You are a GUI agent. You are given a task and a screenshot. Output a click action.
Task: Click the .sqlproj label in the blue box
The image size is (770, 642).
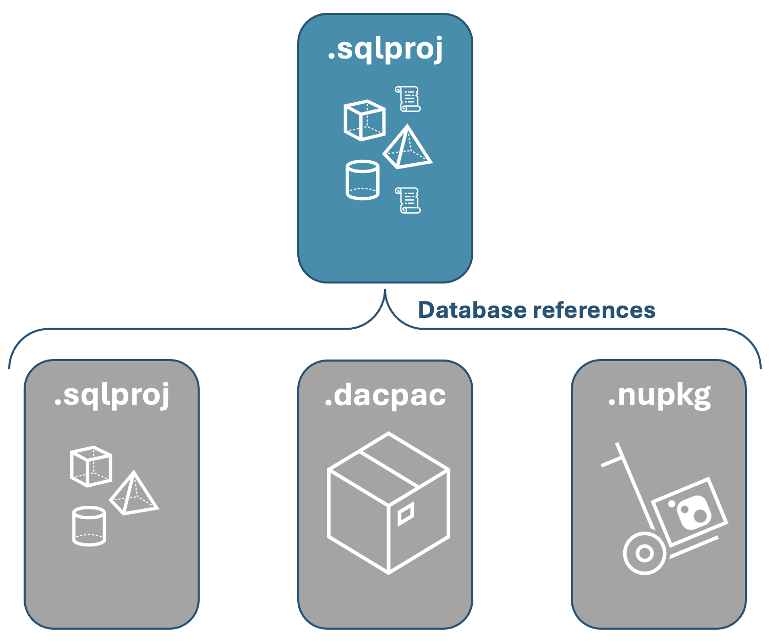(385, 50)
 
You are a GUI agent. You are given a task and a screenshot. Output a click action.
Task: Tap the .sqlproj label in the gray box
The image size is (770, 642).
(111, 395)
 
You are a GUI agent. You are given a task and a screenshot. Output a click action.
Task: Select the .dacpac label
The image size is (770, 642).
(385, 395)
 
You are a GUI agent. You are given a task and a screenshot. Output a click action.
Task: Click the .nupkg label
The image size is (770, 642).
(659, 395)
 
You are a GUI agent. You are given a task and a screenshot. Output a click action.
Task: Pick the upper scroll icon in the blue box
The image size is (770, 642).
(408, 99)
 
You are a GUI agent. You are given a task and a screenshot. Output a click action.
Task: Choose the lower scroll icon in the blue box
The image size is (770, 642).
(408, 200)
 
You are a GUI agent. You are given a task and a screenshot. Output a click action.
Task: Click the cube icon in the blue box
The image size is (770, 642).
(364, 120)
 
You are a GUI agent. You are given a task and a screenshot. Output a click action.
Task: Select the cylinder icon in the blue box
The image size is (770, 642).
(362, 180)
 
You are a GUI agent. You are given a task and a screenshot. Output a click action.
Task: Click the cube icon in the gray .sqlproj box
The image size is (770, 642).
(91, 466)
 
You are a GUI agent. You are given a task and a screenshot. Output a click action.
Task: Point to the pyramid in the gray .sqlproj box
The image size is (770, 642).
(133, 494)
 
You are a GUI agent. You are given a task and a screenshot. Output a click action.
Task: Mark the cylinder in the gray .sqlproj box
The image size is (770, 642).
(89, 526)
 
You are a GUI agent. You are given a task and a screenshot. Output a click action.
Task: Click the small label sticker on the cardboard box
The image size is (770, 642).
(406, 514)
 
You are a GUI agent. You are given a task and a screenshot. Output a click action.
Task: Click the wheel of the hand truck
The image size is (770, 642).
(644, 554)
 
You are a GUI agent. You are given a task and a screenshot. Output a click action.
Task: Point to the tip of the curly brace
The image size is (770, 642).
(385, 291)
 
